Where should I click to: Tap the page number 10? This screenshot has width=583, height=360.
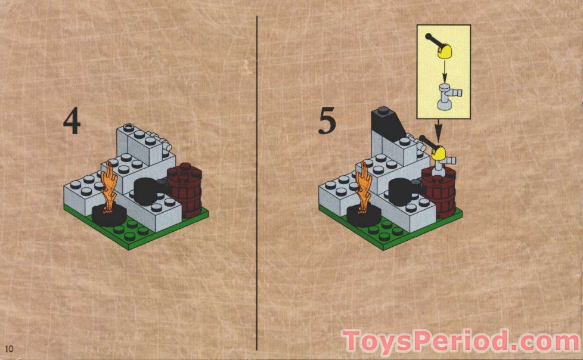(8, 347)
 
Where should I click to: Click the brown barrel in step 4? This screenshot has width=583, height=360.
(185, 190)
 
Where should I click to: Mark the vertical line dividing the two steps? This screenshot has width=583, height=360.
(257, 179)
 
